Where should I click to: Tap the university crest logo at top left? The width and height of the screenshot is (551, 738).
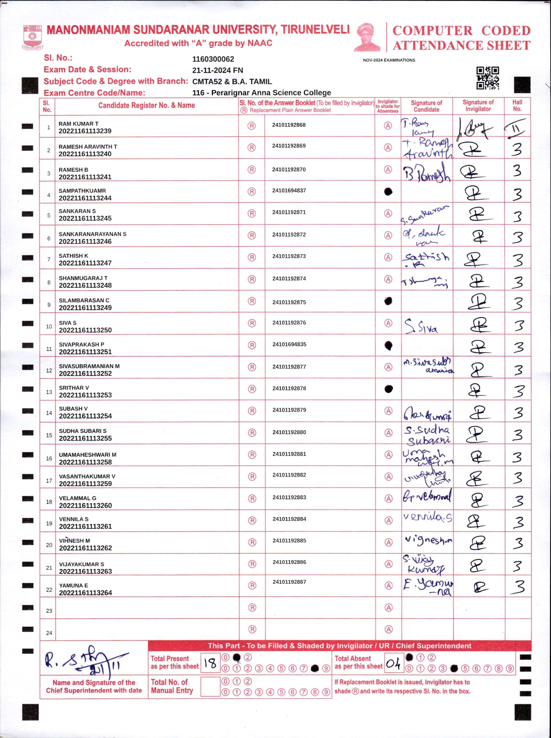(x=32, y=37)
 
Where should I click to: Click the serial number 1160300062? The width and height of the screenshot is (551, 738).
(x=213, y=59)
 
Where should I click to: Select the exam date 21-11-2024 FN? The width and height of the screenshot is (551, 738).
(x=218, y=70)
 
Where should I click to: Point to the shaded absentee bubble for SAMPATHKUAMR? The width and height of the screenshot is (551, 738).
(x=388, y=192)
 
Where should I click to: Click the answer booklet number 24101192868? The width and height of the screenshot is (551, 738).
(x=289, y=125)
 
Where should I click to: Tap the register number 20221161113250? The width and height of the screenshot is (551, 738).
(x=85, y=330)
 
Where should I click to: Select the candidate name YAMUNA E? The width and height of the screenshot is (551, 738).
(x=74, y=585)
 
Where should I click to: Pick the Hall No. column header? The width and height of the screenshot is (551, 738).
(x=517, y=106)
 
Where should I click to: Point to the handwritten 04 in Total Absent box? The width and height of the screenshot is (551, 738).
(x=393, y=664)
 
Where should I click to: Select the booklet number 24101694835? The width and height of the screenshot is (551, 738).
(x=289, y=344)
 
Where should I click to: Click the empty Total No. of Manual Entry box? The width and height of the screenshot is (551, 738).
(x=210, y=687)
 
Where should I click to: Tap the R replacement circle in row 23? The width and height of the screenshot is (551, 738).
(x=252, y=608)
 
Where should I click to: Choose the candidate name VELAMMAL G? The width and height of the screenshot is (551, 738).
(x=78, y=498)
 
